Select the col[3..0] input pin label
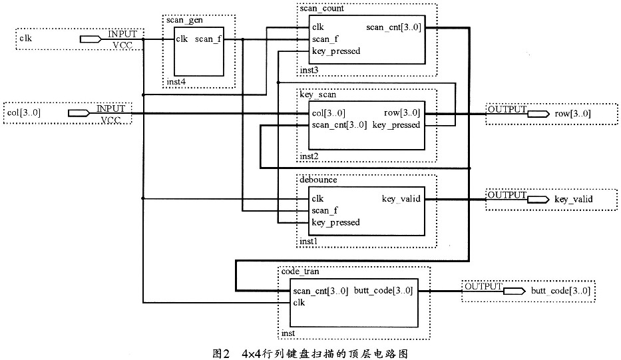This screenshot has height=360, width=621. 25,113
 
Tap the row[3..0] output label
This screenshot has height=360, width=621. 572,114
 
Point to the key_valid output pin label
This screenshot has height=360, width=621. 573,199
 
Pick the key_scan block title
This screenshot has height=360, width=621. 317,95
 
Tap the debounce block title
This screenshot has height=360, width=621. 318,180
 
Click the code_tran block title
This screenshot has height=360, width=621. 298,271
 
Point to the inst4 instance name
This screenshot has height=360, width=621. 174,83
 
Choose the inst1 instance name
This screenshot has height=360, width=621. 309,241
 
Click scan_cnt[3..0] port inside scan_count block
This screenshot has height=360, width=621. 393,27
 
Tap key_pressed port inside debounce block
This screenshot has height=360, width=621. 335,223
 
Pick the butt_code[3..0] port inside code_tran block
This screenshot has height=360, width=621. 383,291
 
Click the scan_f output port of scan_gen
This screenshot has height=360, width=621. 208,39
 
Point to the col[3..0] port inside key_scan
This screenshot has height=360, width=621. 328,113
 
